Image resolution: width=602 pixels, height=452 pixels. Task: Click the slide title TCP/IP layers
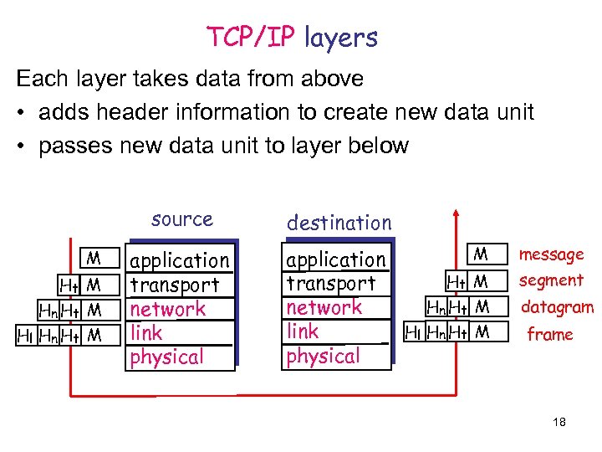click(292, 38)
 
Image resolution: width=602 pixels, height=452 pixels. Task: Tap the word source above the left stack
click(182, 219)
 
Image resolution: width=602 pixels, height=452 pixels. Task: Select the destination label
click(339, 223)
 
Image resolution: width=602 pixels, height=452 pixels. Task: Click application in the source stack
click(180, 261)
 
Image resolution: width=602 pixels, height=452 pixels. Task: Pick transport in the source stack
click(175, 285)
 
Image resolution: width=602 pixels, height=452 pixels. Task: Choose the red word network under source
click(168, 309)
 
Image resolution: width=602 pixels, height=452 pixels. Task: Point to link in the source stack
click(146, 332)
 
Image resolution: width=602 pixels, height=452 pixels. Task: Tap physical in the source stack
click(166, 357)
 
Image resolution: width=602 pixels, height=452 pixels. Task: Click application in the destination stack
click(336, 260)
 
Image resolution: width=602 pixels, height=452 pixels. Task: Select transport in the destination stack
click(331, 284)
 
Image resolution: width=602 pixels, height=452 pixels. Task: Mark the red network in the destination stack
click(324, 307)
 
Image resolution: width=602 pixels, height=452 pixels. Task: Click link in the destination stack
click(303, 331)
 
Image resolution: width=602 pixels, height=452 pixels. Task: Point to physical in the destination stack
click(323, 356)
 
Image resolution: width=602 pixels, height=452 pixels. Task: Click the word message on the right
click(552, 254)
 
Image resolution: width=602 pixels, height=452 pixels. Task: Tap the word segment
click(551, 280)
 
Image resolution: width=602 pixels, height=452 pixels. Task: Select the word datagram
click(557, 307)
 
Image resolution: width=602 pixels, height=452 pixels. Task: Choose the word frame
click(550, 335)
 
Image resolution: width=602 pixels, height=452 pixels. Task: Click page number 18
click(559, 423)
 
